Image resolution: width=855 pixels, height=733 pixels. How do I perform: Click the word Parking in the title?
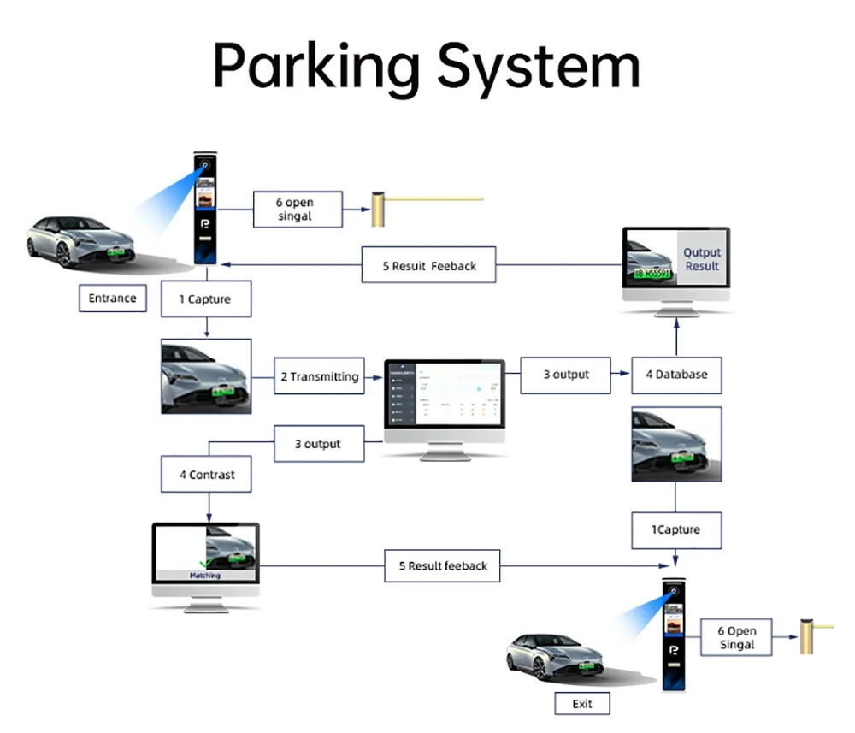pyautogui.click(x=316, y=66)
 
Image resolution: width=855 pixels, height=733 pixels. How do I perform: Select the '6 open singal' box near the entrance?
pyautogui.click(x=298, y=210)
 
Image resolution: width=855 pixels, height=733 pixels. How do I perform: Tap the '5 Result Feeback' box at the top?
pyautogui.click(x=429, y=266)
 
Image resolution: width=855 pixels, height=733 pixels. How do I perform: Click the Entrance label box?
pyautogui.click(x=112, y=299)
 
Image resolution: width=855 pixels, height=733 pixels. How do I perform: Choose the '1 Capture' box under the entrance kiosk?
pyautogui.click(x=205, y=299)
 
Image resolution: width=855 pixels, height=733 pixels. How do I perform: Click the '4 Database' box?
pyautogui.click(x=676, y=375)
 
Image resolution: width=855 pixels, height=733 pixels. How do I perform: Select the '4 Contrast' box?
pyautogui.click(x=207, y=474)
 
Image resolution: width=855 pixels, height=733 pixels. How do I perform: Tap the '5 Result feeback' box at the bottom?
pyautogui.click(x=443, y=565)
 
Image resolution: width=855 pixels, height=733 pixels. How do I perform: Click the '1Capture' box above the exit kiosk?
pyautogui.click(x=676, y=530)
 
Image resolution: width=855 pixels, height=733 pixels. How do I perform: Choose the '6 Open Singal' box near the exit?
pyautogui.click(x=736, y=637)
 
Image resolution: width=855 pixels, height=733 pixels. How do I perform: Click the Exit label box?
pyautogui.click(x=582, y=703)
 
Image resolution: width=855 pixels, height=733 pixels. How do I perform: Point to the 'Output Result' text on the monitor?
pyautogui.click(x=702, y=259)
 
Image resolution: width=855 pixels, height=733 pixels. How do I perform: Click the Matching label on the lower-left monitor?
pyautogui.click(x=205, y=576)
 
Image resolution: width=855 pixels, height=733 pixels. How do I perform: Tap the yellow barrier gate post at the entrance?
pyautogui.click(x=377, y=210)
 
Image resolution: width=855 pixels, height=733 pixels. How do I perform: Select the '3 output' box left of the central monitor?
pyautogui.click(x=318, y=444)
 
